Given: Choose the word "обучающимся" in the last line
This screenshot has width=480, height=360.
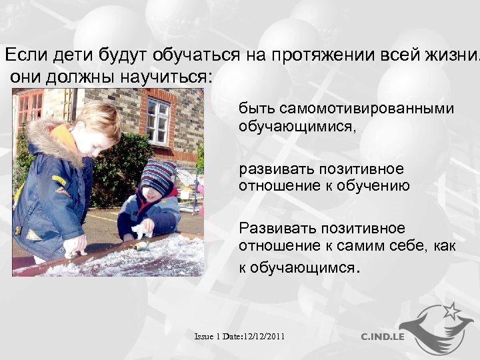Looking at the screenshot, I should point(304,267).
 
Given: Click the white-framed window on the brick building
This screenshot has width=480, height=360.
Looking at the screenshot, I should point(158,121).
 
